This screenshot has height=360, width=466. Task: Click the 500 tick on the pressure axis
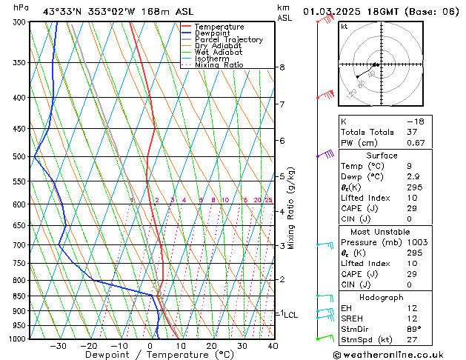(x=20, y=156)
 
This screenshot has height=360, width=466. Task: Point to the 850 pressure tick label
(x=20, y=296)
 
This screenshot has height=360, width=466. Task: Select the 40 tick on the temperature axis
(x=273, y=345)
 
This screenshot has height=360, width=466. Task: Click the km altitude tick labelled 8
(x=282, y=67)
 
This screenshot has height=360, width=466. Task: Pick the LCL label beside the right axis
(x=290, y=315)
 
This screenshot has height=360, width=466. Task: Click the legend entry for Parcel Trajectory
(x=228, y=40)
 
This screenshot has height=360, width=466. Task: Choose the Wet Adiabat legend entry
(x=219, y=53)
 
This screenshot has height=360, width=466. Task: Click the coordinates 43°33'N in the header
(x=66, y=11)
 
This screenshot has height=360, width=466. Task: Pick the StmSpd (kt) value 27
(x=411, y=339)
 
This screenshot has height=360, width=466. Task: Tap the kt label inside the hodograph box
(x=344, y=27)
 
